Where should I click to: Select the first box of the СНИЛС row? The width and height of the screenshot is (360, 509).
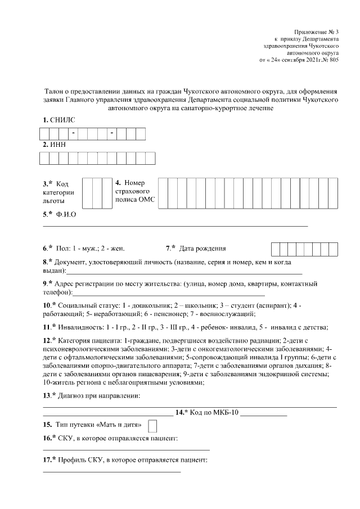click(44, 134)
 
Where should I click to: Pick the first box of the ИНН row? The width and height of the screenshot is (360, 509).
click(44, 158)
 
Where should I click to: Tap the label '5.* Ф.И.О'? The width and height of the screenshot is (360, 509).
click(59, 214)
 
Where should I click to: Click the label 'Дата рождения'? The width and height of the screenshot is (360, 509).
click(202, 248)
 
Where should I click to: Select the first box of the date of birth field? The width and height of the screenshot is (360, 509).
click(276, 249)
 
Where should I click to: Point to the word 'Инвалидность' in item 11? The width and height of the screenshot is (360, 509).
click(79, 327)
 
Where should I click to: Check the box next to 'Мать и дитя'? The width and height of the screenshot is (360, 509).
click(152, 425)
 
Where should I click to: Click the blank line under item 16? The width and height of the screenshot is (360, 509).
click(126, 449)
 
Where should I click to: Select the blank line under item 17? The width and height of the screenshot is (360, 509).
click(112, 471)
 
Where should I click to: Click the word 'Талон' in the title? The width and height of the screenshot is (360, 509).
click(54, 89)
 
